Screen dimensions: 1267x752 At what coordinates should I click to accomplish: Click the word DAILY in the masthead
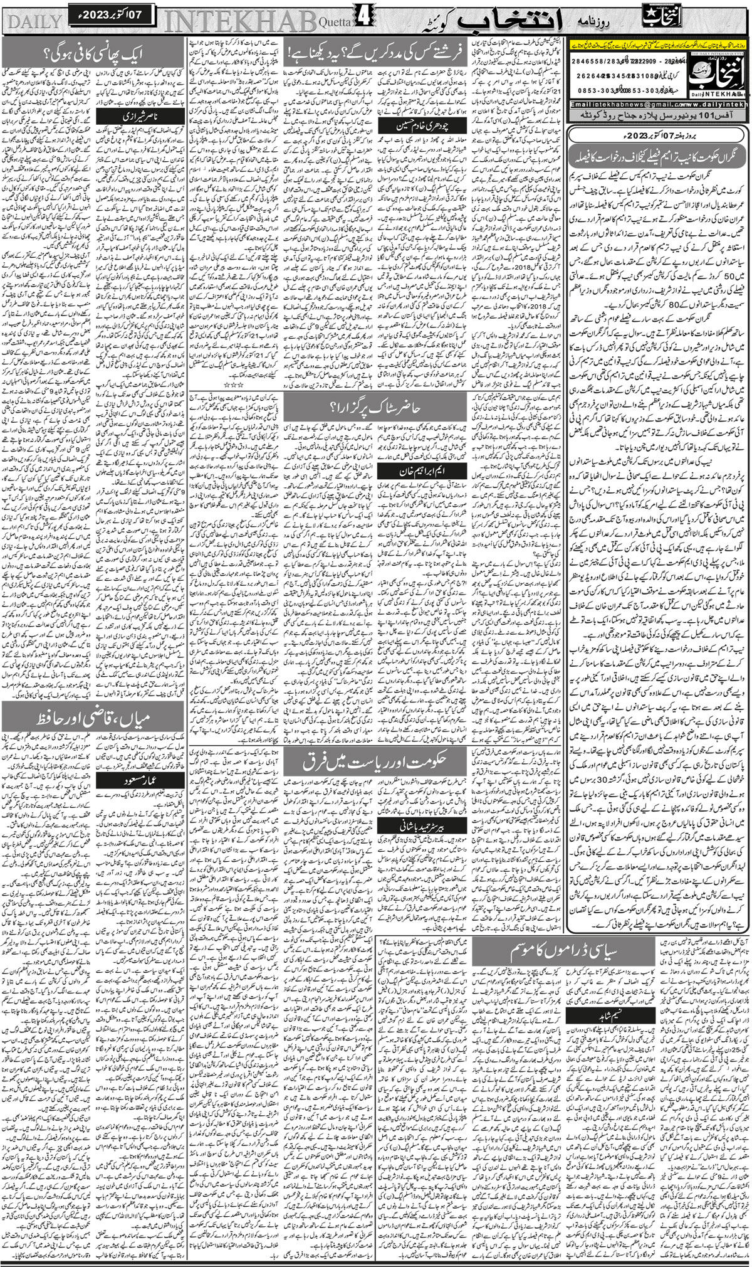tap(34, 21)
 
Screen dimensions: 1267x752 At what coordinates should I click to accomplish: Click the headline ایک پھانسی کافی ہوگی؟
tap(94, 53)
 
